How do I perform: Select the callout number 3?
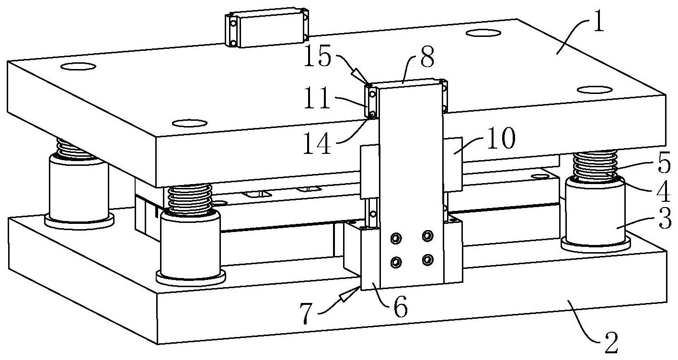pos(665,218)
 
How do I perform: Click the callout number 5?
pos(664,165)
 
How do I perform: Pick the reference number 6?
pos(401,308)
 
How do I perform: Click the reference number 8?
pos(427,58)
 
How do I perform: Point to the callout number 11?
pos(317,98)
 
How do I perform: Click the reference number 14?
pos(317,144)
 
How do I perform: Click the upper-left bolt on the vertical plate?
pos(396,238)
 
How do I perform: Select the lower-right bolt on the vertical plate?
pos(427,259)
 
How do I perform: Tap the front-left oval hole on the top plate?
pos(189,123)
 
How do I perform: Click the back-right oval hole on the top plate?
pos(483,33)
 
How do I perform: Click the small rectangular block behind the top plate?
pos(267,27)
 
